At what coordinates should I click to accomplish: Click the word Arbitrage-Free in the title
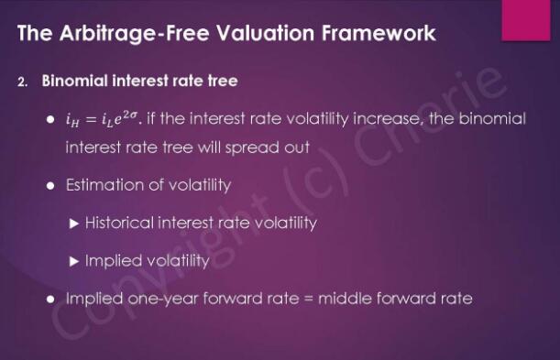pyautogui.click(x=134, y=33)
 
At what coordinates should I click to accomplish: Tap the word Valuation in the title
pyautogui.click(x=266, y=33)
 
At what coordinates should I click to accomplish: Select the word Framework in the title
pyautogui.click(x=379, y=33)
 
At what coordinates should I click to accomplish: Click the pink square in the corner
pyautogui.click(x=526, y=20)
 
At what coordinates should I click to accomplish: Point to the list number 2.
pyautogui.click(x=22, y=82)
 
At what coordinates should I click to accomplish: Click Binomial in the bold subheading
pyautogui.click(x=74, y=81)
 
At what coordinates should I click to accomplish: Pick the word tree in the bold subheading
pyautogui.click(x=224, y=81)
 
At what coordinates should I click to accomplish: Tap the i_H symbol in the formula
pyautogui.click(x=72, y=120)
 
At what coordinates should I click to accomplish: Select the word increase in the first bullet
pyautogui.click(x=387, y=119)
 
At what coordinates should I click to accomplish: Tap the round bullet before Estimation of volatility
pyautogui.click(x=50, y=186)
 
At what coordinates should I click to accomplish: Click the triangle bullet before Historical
pyautogui.click(x=74, y=224)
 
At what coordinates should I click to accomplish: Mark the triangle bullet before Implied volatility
pyautogui.click(x=74, y=261)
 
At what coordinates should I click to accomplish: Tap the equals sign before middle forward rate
pyautogui.click(x=308, y=299)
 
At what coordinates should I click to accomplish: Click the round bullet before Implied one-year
pyautogui.click(x=50, y=299)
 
